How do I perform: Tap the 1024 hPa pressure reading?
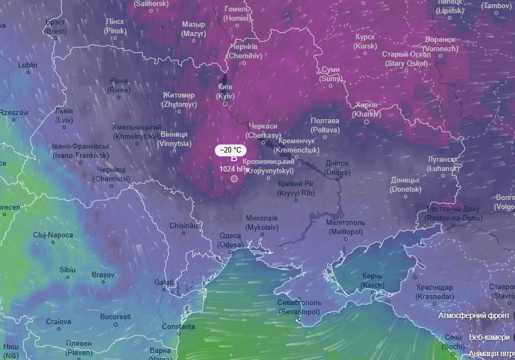(234, 169)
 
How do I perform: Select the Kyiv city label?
(225, 91)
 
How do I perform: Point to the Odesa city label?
(230, 241)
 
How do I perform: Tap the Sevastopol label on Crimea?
(299, 307)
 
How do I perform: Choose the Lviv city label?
(64, 115)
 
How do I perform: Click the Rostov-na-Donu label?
(454, 213)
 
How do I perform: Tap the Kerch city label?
(373, 281)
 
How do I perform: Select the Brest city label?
(56, 27)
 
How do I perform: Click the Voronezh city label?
(441, 44)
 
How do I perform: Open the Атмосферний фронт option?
(474, 315)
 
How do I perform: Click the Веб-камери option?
(489, 337)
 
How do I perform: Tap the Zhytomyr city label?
(178, 99)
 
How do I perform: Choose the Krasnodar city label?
(434, 292)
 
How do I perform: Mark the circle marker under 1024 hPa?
(234, 179)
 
